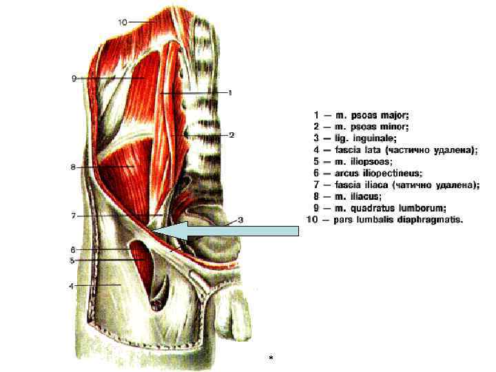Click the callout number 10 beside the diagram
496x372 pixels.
123,22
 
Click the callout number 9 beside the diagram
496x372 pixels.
74,79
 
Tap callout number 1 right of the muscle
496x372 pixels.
230,92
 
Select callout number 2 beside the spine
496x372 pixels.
232,135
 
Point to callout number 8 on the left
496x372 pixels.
73,167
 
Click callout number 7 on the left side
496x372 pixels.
74,216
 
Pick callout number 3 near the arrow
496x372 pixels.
240,220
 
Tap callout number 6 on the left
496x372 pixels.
72,249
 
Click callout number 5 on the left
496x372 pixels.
72,260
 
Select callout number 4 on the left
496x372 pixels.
71,285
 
